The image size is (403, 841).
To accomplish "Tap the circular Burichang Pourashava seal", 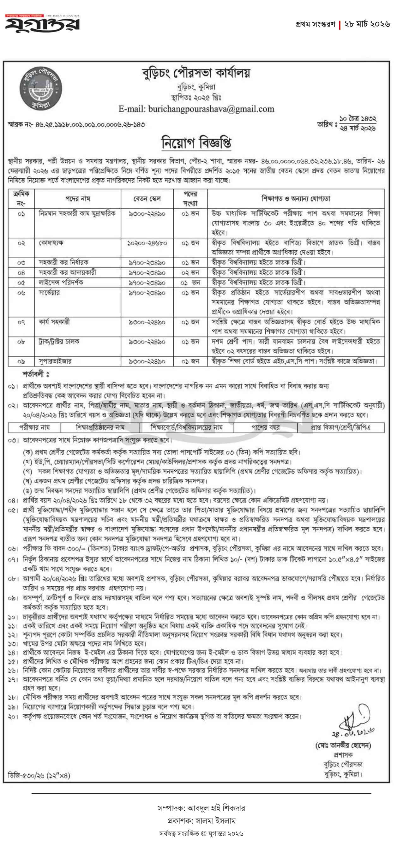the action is tap(40, 88).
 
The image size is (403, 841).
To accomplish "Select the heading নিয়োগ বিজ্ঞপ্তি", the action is tap(196, 142).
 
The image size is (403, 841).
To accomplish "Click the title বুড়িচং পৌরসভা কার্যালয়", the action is tap(196, 74).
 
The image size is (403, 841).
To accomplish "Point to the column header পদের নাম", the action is tap(78, 199).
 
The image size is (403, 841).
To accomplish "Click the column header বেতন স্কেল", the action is tap(147, 199).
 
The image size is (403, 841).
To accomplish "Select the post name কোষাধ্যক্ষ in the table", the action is tap(51, 243).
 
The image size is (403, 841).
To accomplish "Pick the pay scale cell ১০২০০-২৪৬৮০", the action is tap(147, 243).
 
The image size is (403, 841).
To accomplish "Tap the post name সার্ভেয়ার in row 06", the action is tap(49, 293).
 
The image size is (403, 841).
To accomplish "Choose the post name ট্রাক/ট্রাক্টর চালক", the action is tap(59, 342).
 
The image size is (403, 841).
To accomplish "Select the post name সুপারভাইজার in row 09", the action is tap(55, 361).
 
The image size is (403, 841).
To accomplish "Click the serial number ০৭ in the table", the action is tap(21, 322).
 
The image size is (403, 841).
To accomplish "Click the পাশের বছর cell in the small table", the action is tap(265, 427).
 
